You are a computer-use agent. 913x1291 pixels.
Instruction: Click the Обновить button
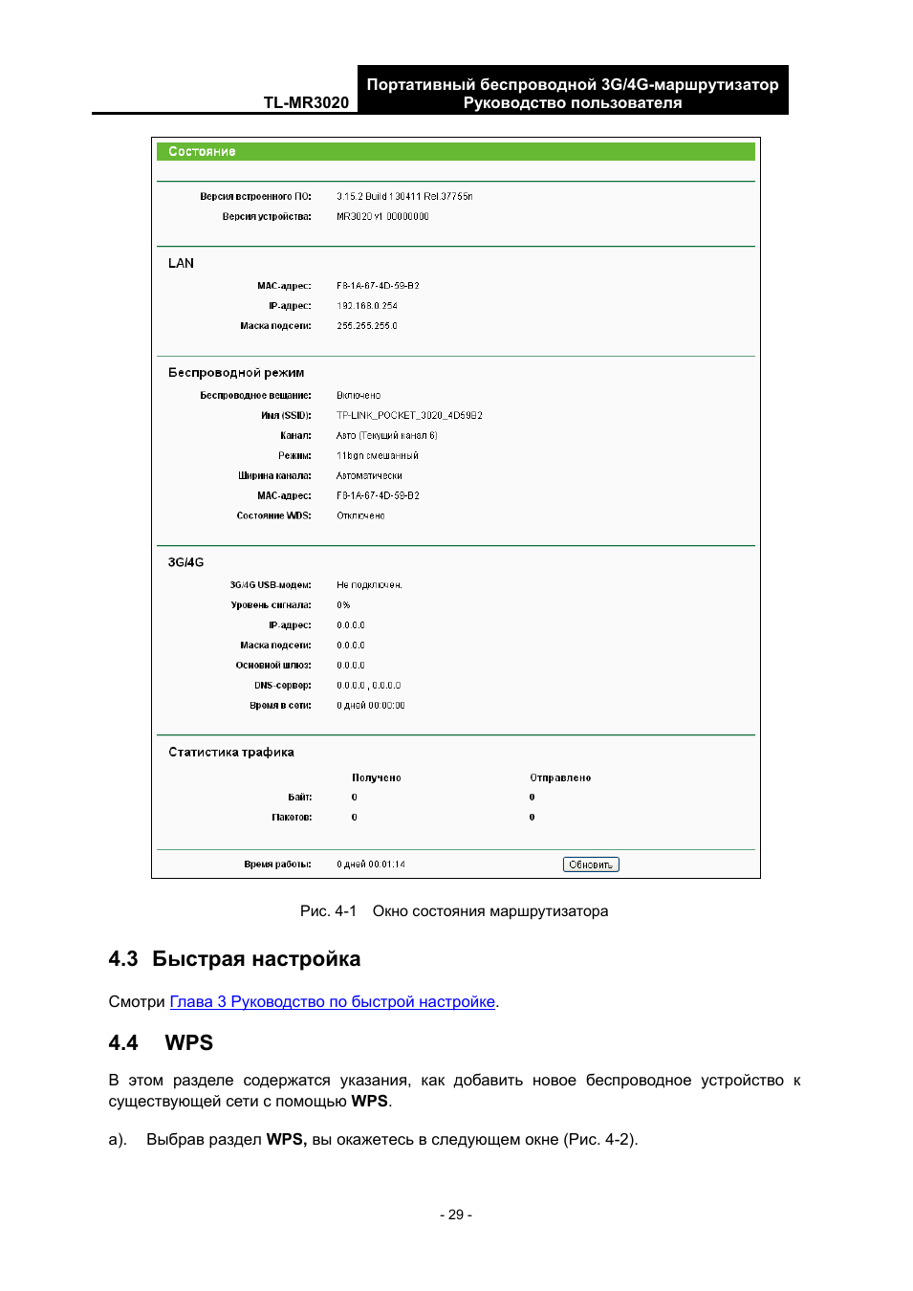coord(591,864)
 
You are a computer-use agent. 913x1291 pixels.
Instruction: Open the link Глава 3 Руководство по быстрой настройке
coord(332,1001)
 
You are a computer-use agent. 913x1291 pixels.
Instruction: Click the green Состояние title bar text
coord(202,152)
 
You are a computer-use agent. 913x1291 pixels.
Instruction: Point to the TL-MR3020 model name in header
coord(306,102)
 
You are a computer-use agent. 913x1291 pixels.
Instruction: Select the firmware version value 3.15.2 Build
coord(403,197)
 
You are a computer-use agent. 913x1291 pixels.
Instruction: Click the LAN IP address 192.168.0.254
coord(367,306)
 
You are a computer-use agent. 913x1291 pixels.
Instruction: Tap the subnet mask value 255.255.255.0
coord(367,326)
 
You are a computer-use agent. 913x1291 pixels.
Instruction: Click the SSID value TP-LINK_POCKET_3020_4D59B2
coord(409,416)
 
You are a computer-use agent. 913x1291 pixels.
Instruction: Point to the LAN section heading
coord(181,263)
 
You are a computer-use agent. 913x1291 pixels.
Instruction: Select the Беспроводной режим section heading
coord(236,373)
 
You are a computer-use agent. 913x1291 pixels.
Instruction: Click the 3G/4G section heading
coord(185,562)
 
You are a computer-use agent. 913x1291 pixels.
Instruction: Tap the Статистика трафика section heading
coord(231,753)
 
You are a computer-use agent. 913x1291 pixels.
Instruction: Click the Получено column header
coord(377,778)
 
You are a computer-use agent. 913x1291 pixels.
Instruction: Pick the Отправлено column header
coord(560,778)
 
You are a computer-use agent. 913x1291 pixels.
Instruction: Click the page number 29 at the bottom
coord(456,1214)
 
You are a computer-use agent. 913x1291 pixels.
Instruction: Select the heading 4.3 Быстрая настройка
coord(234,959)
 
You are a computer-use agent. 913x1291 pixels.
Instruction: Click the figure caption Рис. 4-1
coord(328,911)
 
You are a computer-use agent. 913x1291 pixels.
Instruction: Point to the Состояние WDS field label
coord(273,516)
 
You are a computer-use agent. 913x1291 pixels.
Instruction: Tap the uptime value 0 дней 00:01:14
coord(371,864)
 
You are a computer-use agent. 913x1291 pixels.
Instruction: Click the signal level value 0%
coord(343,605)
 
